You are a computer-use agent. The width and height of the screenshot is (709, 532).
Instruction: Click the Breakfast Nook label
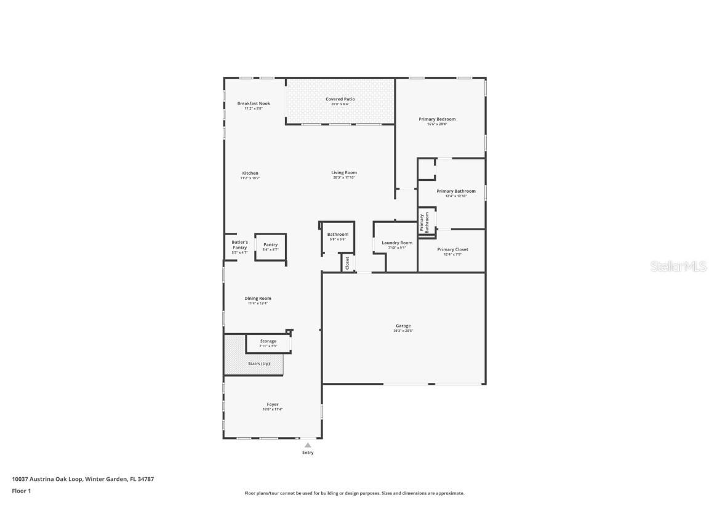[254, 103]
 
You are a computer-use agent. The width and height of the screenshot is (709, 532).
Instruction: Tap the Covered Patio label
[340, 99]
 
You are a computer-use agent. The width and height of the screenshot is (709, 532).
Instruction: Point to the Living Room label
[344, 172]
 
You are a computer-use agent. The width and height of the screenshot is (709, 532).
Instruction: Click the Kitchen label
[250, 173]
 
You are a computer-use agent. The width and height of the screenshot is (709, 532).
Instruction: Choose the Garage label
[403, 326]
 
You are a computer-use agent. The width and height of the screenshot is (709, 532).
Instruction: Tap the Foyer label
[272, 405]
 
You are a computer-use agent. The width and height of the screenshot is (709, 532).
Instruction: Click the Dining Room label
[257, 298]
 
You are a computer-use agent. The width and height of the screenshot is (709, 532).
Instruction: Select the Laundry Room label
[397, 243]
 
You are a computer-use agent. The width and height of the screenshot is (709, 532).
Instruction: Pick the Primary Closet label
[452, 249]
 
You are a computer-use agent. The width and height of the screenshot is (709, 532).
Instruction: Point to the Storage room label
[268, 341]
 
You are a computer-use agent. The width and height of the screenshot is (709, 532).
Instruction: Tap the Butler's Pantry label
[239, 245]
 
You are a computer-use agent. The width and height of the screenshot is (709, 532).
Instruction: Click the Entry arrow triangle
[308, 445]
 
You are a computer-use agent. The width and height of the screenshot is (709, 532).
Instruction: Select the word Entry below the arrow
[308, 453]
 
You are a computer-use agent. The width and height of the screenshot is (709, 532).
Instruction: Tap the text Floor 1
[21, 491]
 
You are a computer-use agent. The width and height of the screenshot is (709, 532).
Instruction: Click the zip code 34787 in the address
[145, 478]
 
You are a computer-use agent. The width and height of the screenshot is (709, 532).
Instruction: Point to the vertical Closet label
[347, 263]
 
